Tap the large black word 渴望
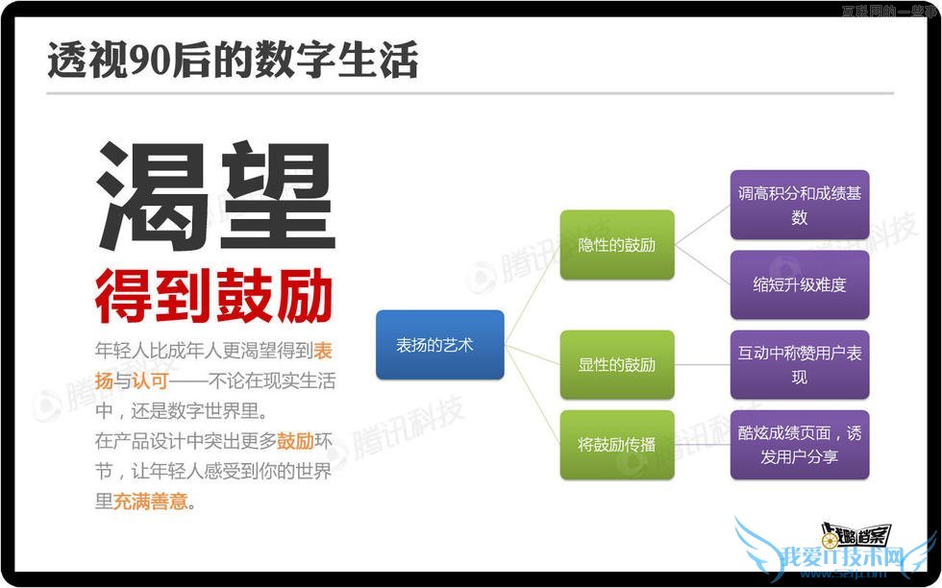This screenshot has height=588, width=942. click(x=215, y=196)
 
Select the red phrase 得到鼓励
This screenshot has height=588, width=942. click(x=213, y=296)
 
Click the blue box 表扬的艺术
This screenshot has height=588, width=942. click(x=439, y=345)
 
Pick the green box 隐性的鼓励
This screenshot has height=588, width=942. click(x=616, y=245)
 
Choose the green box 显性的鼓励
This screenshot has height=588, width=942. click(x=616, y=365)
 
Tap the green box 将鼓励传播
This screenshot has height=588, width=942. click(x=616, y=445)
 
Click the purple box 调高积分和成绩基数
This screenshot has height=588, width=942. click(x=799, y=205)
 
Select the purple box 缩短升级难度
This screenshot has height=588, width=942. click(x=799, y=284)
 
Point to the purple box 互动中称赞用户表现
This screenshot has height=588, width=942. click(x=799, y=365)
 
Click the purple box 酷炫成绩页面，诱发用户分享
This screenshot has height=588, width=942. click(x=799, y=445)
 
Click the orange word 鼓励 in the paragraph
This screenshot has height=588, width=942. click(x=295, y=442)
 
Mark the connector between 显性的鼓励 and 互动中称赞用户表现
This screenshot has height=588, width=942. click(x=702, y=365)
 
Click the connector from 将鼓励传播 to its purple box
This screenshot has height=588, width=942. click(x=702, y=445)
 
